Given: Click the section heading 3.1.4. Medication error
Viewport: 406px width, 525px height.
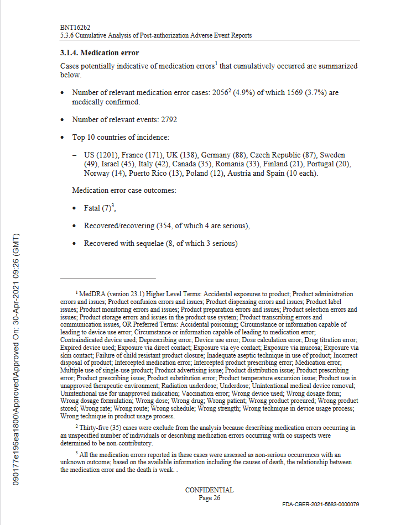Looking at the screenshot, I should pyautogui.click(x=99, y=53).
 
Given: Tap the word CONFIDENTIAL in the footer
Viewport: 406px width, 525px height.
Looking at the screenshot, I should pyautogui.click(x=209, y=490).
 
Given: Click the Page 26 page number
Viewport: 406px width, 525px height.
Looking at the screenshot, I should pyautogui.click(x=209, y=497).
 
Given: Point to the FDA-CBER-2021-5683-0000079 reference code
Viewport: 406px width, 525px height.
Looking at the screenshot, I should pyautogui.click(x=321, y=505).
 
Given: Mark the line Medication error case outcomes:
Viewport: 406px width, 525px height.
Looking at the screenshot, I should pyautogui.click(x=124, y=191).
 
